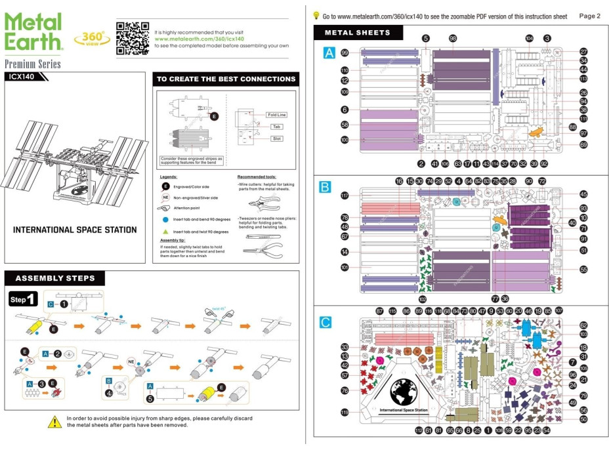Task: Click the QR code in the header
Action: point(132,38)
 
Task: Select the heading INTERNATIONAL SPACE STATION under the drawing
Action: point(75,230)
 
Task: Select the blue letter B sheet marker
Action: point(325,188)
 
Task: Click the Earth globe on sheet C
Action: point(403,392)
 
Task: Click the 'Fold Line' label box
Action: point(277,115)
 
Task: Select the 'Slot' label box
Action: point(276,138)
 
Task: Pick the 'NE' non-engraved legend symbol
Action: point(166,197)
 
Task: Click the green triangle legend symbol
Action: point(166,232)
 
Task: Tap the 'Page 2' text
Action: point(589,16)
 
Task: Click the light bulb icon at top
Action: point(316,15)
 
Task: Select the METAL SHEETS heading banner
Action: point(357,32)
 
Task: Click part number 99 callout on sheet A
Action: point(345,53)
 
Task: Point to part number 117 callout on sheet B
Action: point(345,195)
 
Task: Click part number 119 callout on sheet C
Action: point(345,413)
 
